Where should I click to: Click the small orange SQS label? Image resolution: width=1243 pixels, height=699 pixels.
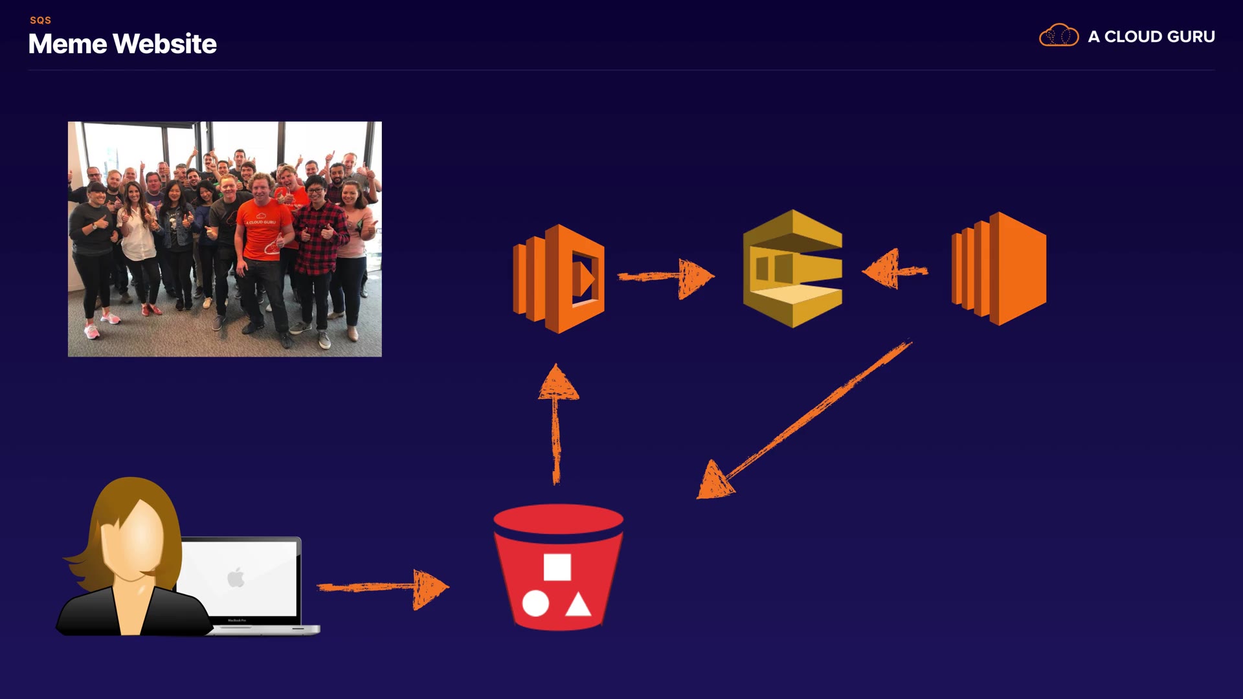coord(40,20)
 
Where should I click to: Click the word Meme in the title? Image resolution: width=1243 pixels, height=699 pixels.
coord(67,44)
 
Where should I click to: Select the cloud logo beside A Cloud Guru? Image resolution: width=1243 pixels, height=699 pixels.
coord(1058,36)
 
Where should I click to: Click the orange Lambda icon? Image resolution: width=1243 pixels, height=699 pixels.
coord(559,278)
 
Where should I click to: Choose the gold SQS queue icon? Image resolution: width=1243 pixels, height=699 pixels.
coord(792,268)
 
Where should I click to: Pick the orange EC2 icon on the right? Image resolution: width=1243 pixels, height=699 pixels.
coord(999,268)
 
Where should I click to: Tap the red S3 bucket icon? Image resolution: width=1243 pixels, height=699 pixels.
coord(558,567)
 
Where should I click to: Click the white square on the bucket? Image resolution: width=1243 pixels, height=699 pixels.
coord(557,567)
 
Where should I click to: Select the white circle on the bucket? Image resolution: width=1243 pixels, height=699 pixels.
coord(535,603)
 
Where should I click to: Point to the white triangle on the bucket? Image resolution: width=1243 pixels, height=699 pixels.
coord(578,605)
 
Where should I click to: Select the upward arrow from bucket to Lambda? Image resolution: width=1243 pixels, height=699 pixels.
coord(557,424)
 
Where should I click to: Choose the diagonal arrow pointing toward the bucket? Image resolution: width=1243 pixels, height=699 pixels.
coord(803,421)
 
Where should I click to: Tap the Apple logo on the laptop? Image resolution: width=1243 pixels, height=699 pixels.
coord(236,577)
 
